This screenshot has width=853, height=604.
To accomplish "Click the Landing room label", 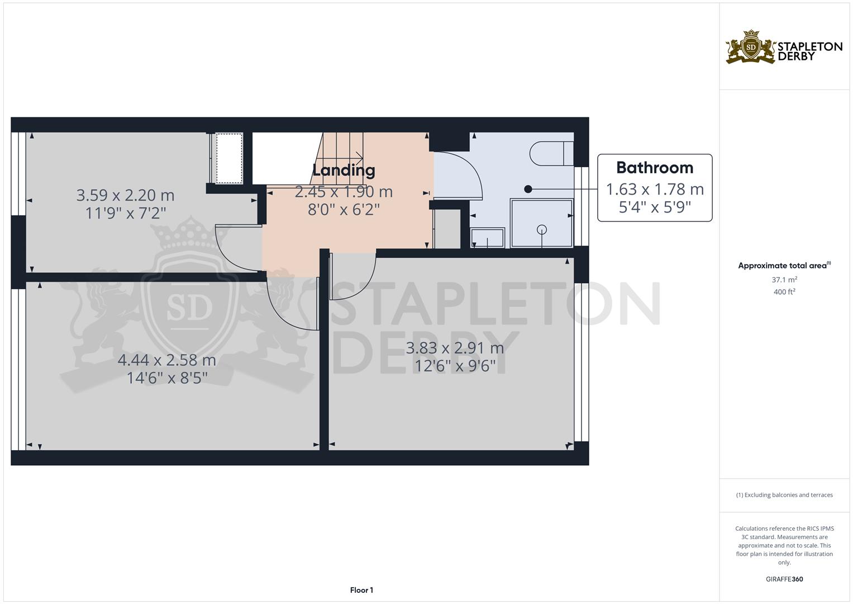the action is (x=344, y=170).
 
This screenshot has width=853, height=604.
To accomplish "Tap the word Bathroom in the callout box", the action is (x=655, y=168).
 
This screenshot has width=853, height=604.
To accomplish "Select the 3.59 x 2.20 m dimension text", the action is (x=125, y=195).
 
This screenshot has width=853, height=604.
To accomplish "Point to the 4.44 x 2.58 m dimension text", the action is (x=167, y=360).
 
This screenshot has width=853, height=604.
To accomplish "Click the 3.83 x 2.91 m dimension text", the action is (x=455, y=348).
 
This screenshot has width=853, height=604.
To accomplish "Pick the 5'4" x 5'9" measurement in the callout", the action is (x=655, y=207).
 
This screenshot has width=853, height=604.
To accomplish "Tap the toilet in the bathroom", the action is (x=551, y=154).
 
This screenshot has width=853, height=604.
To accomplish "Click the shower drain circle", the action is (x=541, y=229).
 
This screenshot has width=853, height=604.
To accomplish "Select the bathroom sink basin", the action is (x=488, y=238).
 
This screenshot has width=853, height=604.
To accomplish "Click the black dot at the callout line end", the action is (x=528, y=189).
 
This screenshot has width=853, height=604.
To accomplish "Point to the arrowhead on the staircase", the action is (x=359, y=157).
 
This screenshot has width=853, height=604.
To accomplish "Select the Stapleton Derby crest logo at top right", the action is (x=751, y=48).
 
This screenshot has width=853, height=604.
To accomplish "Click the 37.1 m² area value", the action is (x=784, y=280).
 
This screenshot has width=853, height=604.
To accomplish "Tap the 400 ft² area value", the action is (x=784, y=292).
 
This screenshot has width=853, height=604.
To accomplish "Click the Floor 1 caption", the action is (x=361, y=590).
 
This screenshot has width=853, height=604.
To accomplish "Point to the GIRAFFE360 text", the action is (x=784, y=579).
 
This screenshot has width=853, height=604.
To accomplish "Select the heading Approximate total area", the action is (x=782, y=266).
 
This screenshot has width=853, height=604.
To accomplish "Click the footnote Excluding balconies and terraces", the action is (x=784, y=495).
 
